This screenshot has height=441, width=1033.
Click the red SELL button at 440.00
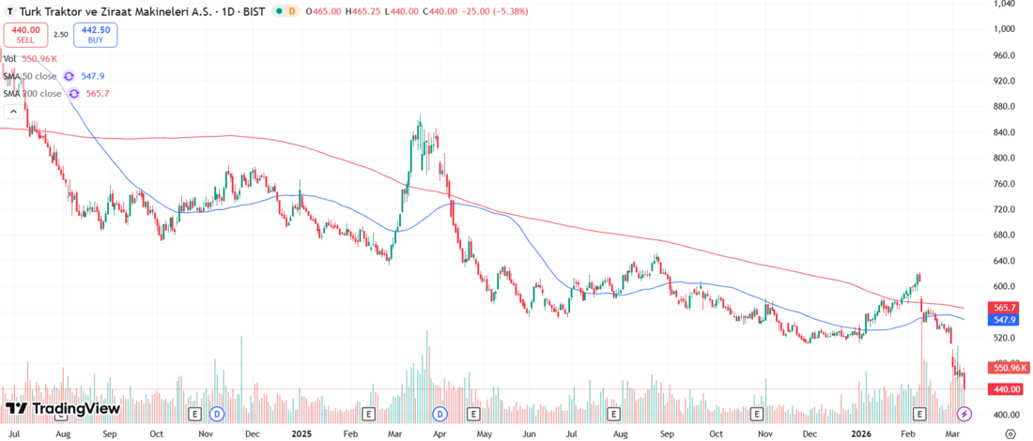(25, 35)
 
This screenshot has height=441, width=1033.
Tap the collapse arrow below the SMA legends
(13, 111)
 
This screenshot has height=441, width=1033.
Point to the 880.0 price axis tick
(1003, 106)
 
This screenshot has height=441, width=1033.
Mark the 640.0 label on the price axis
(1003, 261)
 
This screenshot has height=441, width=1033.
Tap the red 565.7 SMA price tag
(1004, 307)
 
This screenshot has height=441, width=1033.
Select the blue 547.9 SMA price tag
(1004, 319)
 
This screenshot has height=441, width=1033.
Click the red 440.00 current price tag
(1005, 388)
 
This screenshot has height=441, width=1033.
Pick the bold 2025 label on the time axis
(301, 434)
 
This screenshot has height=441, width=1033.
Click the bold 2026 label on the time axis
(860, 434)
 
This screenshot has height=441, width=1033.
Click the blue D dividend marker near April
(439, 414)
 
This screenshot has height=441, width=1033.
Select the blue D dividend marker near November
(217, 414)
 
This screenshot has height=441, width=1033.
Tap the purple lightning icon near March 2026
(964, 414)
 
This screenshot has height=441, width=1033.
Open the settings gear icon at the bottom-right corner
(1010, 433)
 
